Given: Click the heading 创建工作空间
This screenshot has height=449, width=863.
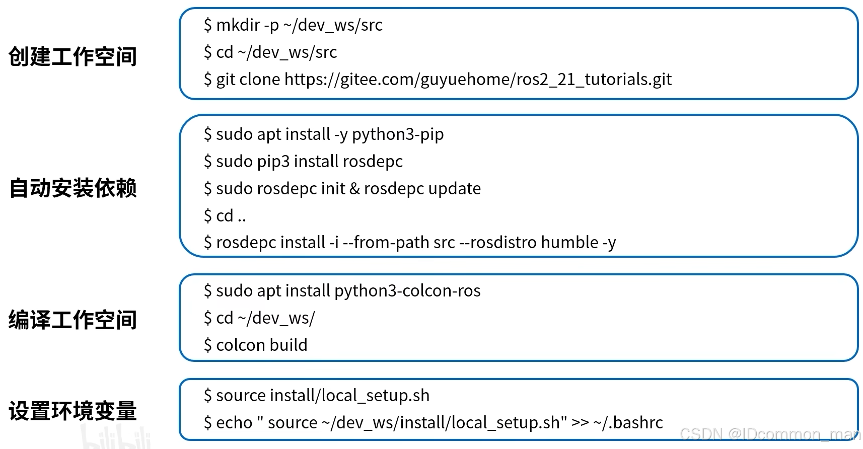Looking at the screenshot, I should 73,56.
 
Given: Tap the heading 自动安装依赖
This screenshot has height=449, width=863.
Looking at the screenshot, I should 73,188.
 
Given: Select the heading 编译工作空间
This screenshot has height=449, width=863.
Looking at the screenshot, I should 73,320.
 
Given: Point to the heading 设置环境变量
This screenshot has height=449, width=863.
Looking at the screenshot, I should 73,411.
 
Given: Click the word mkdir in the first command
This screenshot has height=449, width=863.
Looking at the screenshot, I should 238,25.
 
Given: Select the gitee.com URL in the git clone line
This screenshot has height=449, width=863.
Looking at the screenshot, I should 478,80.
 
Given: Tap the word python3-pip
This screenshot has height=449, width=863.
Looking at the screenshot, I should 398,134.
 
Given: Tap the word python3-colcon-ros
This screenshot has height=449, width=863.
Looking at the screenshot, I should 407,291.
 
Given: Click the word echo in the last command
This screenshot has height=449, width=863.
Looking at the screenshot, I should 234,423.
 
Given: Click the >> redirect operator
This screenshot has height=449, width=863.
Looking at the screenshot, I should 580,423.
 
